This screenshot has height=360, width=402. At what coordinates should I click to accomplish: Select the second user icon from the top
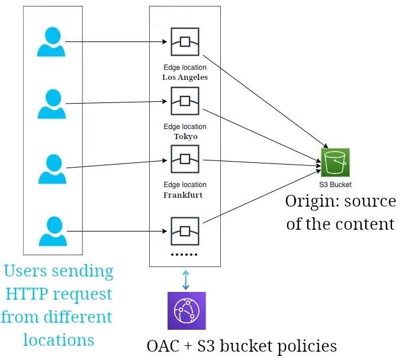tap(52, 104)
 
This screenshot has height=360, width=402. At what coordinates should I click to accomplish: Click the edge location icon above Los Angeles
tap(185, 41)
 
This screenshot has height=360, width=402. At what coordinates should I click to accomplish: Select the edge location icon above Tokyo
tap(185, 101)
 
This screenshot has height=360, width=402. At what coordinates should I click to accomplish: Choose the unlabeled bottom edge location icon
tap(185, 231)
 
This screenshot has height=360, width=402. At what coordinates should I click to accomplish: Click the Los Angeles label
tap(185, 77)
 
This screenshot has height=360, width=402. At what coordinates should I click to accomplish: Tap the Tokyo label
tap(185, 136)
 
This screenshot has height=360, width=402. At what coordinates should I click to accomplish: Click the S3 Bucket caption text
tap(336, 185)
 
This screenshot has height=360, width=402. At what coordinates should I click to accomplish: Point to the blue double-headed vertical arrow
tap(186, 279)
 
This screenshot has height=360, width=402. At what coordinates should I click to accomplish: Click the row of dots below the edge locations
tap(185, 254)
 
